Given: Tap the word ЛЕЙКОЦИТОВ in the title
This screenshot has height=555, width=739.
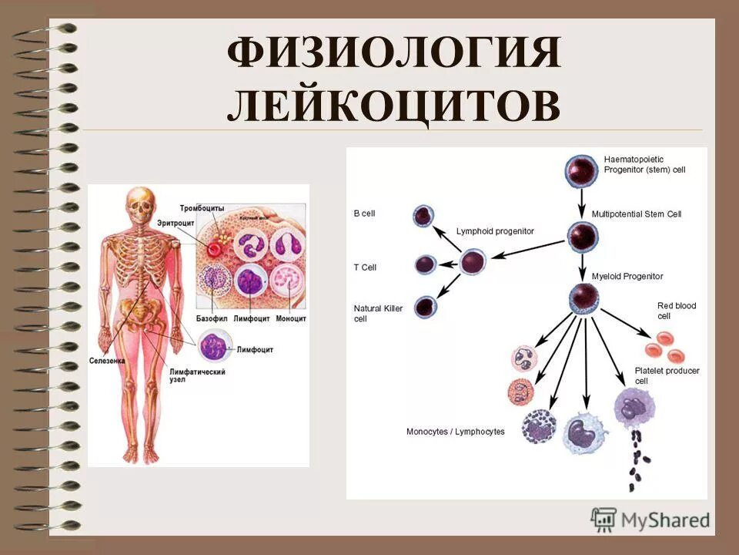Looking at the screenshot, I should click(x=393, y=106).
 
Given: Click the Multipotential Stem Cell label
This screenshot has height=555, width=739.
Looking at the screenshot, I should click(x=636, y=214).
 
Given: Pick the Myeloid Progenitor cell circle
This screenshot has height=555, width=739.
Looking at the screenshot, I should click(x=583, y=296).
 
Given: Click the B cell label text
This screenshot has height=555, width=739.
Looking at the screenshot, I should click(x=364, y=214).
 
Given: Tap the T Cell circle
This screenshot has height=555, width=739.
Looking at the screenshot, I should click(x=426, y=265).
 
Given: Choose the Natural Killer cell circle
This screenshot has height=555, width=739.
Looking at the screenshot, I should click(x=424, y=308).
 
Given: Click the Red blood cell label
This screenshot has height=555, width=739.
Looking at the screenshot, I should click(x=676, y=311).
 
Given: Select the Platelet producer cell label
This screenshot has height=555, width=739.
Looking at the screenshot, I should click(x=667, y=375).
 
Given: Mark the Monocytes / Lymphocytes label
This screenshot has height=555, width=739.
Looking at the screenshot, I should click(x=455, y=432).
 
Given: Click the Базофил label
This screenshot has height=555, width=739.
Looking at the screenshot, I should click(x=212, y=318).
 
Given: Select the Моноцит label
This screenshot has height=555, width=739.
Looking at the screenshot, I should click(x=291, y=318).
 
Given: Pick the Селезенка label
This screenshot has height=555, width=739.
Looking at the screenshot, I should click(x=107, y=360).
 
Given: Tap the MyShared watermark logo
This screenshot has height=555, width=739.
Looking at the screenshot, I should click(x=650, y=519).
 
